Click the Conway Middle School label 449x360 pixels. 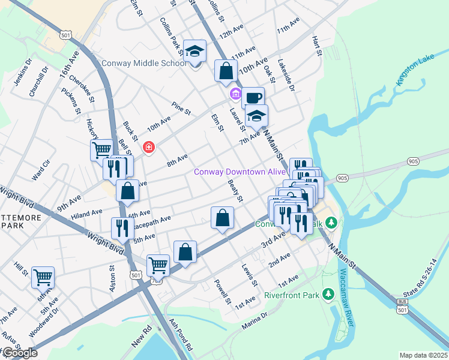(144, 63)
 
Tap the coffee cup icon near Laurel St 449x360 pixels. (253, 97)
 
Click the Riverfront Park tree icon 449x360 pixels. (328, 295)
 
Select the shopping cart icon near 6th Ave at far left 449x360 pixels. (43, 277)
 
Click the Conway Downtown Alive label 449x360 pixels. (239, 172)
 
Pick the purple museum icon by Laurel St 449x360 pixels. (235, 95)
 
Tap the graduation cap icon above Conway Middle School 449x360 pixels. (194, 51)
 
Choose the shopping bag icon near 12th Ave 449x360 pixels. (226, 71)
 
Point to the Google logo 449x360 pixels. (19, 353)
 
